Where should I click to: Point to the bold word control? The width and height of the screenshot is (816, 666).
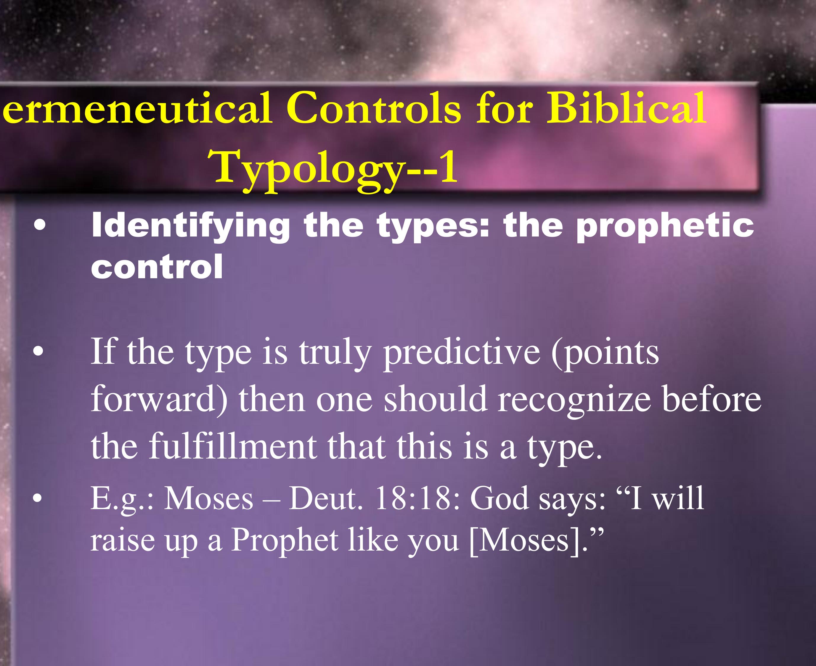pos(157,267)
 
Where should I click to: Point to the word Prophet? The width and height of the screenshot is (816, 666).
pos(284,540)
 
